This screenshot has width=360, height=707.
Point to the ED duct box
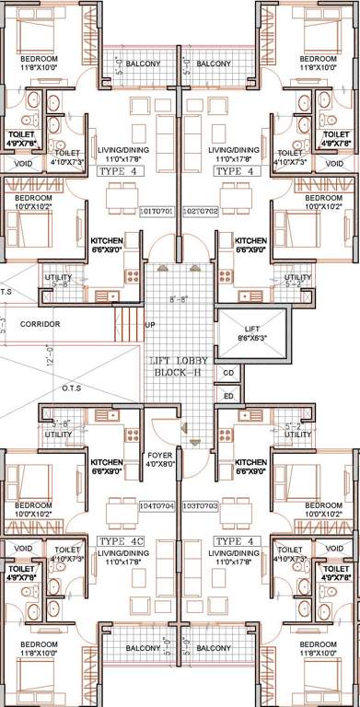tap(228, 396)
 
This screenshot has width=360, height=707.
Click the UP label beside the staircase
tap(150, 325)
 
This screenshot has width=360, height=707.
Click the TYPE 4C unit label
tap(121, 540)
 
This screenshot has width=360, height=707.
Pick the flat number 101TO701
tap(157, 211)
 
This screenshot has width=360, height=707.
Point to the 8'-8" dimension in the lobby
tap(179, 299)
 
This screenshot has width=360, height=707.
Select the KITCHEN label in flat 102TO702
tap(250, 245)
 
